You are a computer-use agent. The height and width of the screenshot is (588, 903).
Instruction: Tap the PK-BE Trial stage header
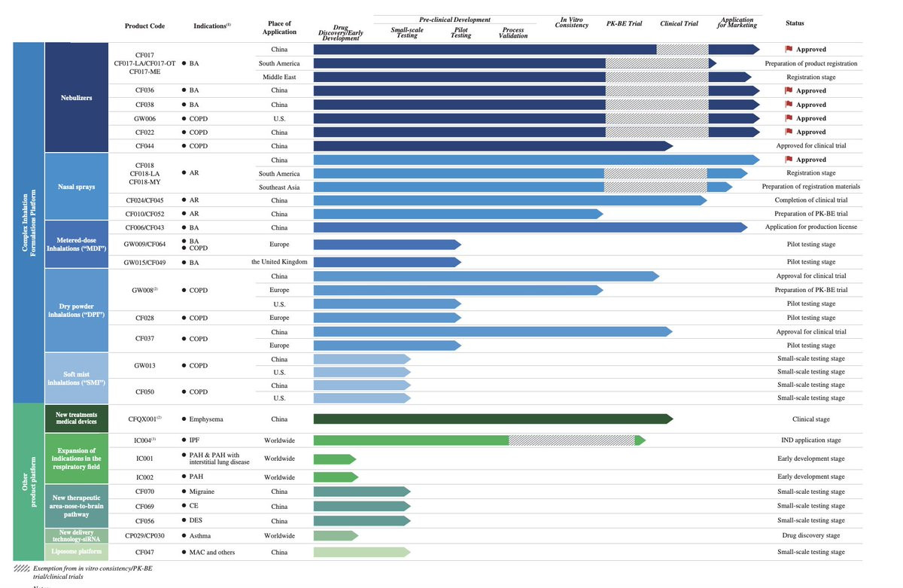pos(624,23)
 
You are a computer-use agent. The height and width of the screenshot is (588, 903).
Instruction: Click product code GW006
pos(145,118)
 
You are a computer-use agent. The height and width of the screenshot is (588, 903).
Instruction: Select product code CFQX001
pos(145,419)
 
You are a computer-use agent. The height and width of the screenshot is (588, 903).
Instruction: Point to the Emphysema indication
pos(208,419)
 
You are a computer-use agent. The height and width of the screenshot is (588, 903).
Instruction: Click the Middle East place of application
pos(279,77)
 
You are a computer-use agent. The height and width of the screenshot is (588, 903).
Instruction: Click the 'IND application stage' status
pos(810,440)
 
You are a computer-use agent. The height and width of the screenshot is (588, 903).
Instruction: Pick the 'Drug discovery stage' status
pos(810,535)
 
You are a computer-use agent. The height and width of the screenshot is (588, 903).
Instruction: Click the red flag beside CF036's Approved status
pos(789,90)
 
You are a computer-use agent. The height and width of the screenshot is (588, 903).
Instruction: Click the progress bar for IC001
pos(333,459)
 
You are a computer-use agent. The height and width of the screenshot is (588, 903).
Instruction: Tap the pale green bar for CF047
pos(360,552)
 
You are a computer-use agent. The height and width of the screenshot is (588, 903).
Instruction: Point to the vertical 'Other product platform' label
pos(28,482)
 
